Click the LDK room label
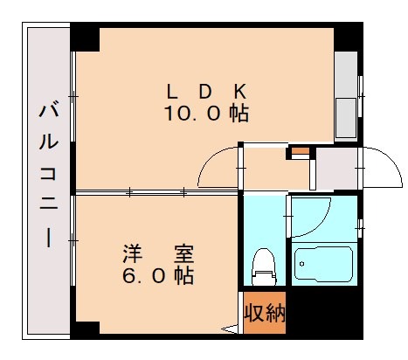pyautogui.click(x=207, y=91)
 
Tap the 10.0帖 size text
pyautogui.click(x=206, y=114)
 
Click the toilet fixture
pyautogui.click(x=262, y=261)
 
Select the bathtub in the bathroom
pyautogui.click(x=323, y=261)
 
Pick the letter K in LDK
pyautogui.click(x=242, y=91)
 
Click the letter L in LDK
pyautogui.click(x=172, y=91)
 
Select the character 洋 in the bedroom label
pyautogui.click(x=130, y=256)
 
